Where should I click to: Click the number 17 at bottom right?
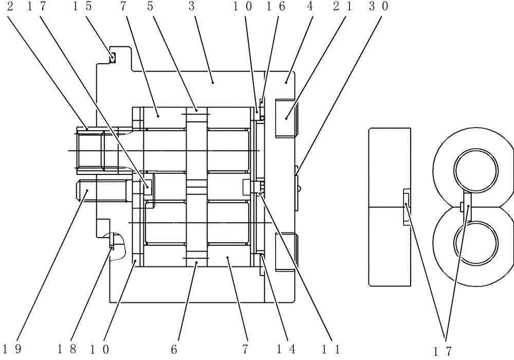pyautogui.click(x=442, y=352)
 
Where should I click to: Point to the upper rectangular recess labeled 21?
pyautogui.click(x=286, y=118)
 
